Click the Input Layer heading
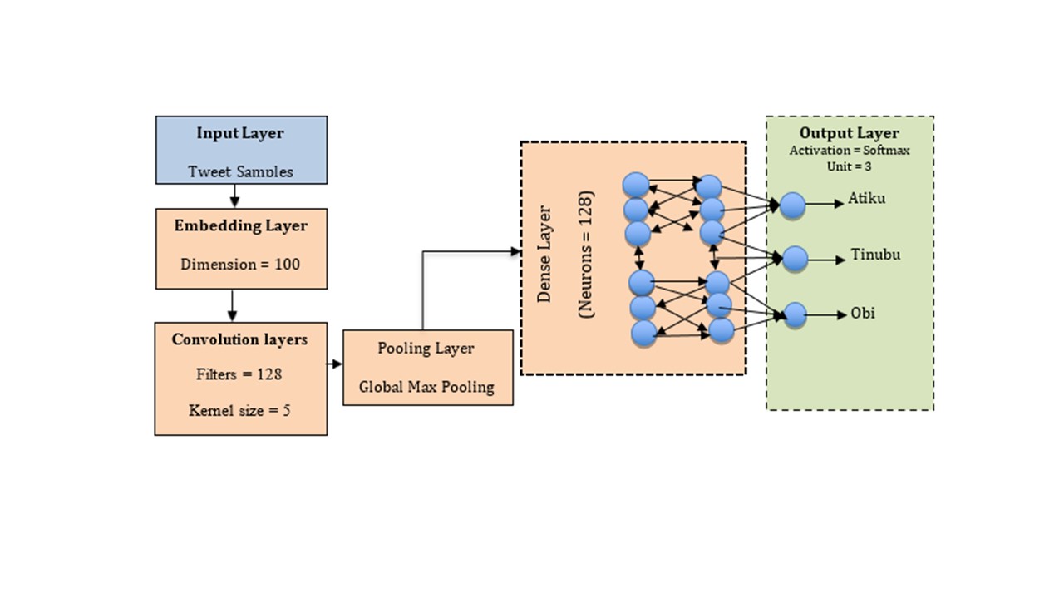click(240, 133)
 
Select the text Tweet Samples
click(240, 171)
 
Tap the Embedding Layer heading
click(240, 225)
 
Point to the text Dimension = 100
click(240, 265)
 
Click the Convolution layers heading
click(239, 339)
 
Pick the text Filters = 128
click(239, 374)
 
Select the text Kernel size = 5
click(239, 411)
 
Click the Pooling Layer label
click(426, 349)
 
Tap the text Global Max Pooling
click(426, 387)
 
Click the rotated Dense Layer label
click(545, 254)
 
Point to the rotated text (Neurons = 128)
click(586, 255)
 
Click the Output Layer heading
click(849, 133)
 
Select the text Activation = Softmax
click(849, 151)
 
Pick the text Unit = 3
click(849, 166)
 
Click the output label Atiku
click(866, 199)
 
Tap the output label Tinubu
click(875, 255)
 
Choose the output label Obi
click(862, 314)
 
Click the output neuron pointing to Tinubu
click(796, 260)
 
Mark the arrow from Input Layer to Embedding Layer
click(234, 196)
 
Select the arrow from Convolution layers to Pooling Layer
click(335, 364)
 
